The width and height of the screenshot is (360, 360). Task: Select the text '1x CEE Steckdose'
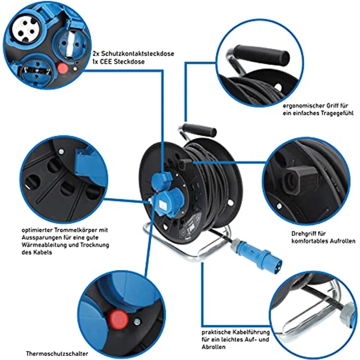[x=115, y=62]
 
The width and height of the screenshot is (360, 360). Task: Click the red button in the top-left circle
[x=62, y=68]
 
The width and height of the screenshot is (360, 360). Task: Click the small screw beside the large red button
[x=136, y=321]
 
